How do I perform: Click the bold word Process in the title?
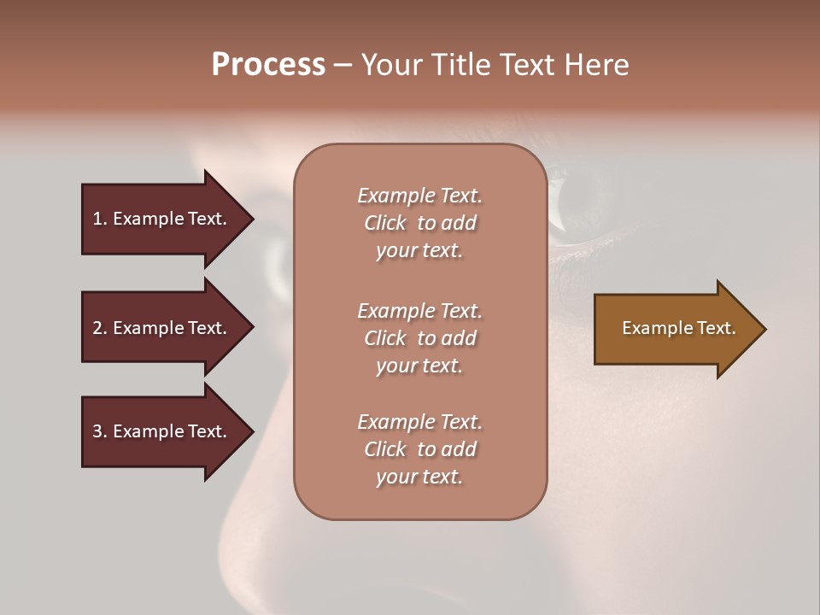[x=268, y=65]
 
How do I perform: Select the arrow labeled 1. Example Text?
[x=162, y=219]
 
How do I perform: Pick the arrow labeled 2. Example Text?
[x=162, y=328]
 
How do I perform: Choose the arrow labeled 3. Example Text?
[x=162, y=431]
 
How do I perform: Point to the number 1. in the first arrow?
[x=99, y=219]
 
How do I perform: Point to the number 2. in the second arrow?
[x=99, y=328]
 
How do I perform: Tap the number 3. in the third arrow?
[x=99, y=431]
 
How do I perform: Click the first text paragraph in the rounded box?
[x=419, y=223]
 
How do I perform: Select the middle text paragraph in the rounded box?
[x=419, y=338]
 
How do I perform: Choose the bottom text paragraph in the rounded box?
[x=419, y=449]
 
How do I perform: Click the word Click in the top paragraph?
[x=385, y=223]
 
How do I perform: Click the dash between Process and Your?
[x=343, y=66]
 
